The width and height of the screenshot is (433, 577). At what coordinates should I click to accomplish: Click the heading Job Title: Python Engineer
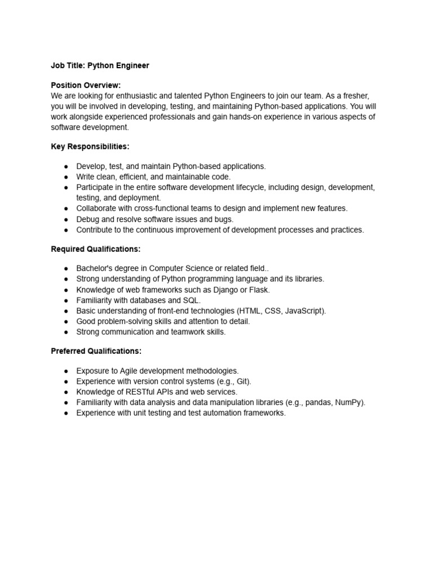click(x=100, y=66)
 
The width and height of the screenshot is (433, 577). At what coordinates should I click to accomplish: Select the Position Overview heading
click(x=86, y=85)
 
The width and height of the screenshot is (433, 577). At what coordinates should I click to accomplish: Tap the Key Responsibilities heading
click(x=90, y=147)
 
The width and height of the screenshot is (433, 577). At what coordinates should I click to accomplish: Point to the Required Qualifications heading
click(x=95, y=248)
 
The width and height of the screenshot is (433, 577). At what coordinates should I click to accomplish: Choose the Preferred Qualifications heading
click(x=96, y=351)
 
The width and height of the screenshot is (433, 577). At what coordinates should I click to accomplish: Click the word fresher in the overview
click(x=353, y=96)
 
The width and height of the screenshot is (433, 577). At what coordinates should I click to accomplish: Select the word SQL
click(x=192, y=300)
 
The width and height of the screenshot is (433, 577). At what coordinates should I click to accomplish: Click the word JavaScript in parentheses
click(x=305, y=311)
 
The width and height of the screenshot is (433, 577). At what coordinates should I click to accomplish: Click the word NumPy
click(x=349, y=402)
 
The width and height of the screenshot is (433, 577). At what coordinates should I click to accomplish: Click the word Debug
click(x=88, y=219)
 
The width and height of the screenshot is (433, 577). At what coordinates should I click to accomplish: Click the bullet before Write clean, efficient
click(x=66, y=177)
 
